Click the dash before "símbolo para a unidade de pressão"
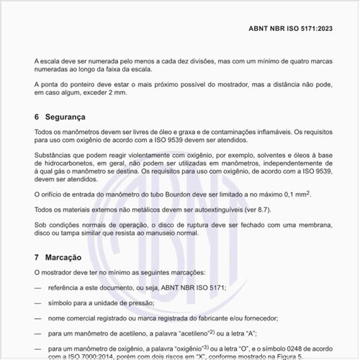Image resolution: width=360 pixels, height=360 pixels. tap(37, 302)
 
